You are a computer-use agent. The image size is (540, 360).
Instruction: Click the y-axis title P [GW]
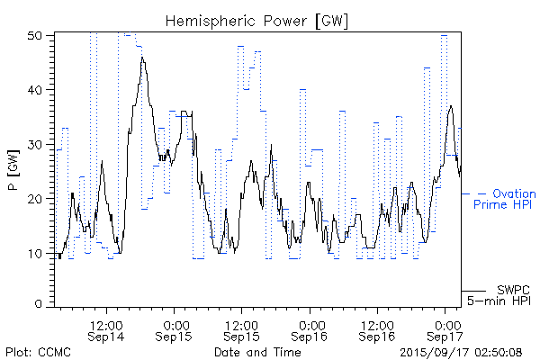tap(13, 167)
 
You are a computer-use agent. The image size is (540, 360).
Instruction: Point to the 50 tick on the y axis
tap(37, 35)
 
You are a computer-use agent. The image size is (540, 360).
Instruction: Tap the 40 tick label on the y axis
tap(37, 90)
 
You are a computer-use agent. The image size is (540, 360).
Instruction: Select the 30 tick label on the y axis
tap(37, 144)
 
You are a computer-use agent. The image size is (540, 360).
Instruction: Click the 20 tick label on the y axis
tap(37, 199)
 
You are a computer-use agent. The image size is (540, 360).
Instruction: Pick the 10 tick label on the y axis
tap(37, 253)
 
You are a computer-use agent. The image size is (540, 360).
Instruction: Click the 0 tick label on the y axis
tap(40, 304)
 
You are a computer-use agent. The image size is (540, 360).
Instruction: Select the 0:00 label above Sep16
tap(310, 322)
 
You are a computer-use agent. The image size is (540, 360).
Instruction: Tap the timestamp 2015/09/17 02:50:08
tap(460, 351)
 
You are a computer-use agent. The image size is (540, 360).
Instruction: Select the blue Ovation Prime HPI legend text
tap(506, 199)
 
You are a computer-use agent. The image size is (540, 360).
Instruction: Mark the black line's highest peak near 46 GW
tap(142, 58)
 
